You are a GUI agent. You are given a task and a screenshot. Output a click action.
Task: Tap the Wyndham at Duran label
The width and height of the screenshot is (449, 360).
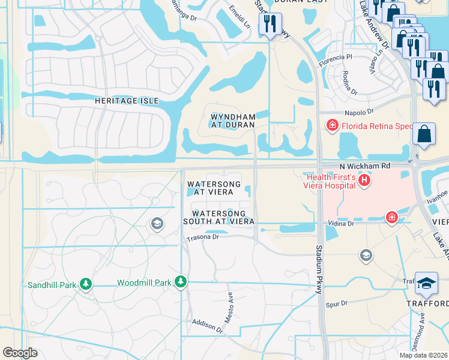[x=232, y=121]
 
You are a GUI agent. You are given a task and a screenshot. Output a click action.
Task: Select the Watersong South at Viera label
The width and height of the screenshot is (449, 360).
[x=218, y=217]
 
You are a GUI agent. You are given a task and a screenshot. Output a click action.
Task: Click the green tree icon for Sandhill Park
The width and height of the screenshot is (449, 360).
[x=86, y=284]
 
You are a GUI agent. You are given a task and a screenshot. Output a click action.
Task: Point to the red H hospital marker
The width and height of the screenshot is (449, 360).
[x=363, y=180]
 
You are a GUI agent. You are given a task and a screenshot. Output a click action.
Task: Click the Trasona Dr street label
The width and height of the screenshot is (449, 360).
[x=202, y=237]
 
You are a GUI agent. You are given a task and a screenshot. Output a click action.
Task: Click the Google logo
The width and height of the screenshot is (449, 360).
[x=20, y=353]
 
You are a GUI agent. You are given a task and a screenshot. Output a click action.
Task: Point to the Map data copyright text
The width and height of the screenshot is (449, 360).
[x=423, y=355]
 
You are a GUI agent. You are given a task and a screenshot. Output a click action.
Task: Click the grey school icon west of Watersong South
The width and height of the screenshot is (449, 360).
[x=157, y=224]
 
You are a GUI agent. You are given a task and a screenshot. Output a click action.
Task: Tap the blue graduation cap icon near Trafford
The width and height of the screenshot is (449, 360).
[x=427, y=283]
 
